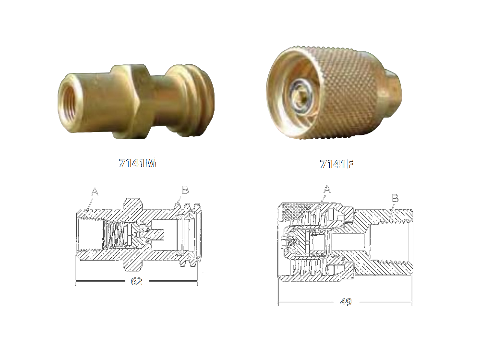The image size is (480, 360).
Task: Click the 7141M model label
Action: point(137,163)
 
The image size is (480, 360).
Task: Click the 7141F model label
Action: point(336,164)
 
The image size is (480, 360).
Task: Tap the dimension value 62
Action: point(136,281)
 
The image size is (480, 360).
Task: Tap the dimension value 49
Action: point(346,301)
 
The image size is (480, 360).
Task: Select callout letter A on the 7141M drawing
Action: point(95,192)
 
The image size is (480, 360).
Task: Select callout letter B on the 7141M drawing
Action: point(185,190)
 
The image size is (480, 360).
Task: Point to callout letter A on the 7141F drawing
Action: point(327,189)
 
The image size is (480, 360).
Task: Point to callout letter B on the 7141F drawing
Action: point(395,198)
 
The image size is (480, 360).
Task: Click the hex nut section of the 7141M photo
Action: point(131,101)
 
